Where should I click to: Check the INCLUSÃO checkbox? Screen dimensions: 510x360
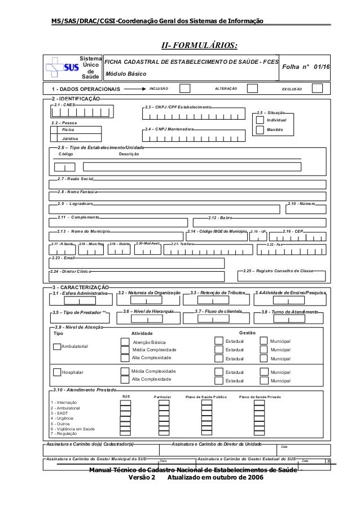point(184,89)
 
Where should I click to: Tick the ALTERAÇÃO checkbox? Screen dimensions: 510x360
point(252,89)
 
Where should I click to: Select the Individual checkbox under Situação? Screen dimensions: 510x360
point(260,120)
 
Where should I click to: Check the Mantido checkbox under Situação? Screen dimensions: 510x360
point(260,130)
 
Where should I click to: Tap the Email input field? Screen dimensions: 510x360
point(136,263)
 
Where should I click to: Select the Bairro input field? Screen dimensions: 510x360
point(265,223)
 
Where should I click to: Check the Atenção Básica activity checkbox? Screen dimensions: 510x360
point(125,342)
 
